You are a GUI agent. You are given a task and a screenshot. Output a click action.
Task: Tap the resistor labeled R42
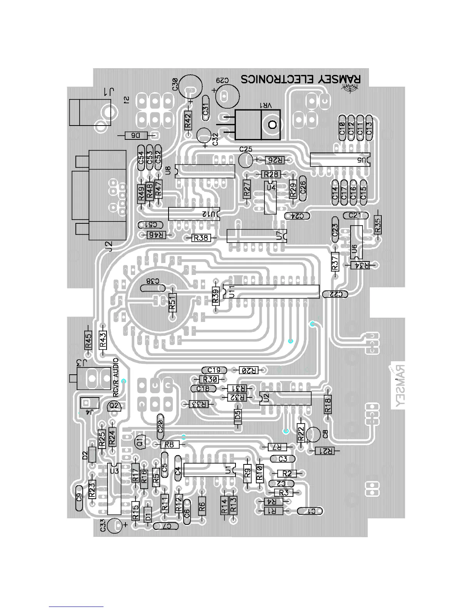point(188,121)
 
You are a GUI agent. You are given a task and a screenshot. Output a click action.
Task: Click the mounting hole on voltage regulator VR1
point(272,125)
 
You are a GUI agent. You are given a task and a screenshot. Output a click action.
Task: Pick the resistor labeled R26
point(274,160)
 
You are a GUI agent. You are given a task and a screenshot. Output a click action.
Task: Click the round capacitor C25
point(245,159)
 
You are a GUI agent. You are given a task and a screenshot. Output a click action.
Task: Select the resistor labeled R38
point(201,238)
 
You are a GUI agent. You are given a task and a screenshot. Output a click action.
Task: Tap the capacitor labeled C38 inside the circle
point(153,288)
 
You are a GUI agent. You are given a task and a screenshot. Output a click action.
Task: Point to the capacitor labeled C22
point(336,294)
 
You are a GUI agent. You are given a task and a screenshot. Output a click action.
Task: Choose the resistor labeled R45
point(89,340)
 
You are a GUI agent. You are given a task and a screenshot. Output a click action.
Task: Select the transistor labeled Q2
point(114,406)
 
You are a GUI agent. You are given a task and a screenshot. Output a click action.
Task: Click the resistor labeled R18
point(328,405)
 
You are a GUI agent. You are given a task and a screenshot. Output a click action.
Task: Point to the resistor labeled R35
point(377,225)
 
